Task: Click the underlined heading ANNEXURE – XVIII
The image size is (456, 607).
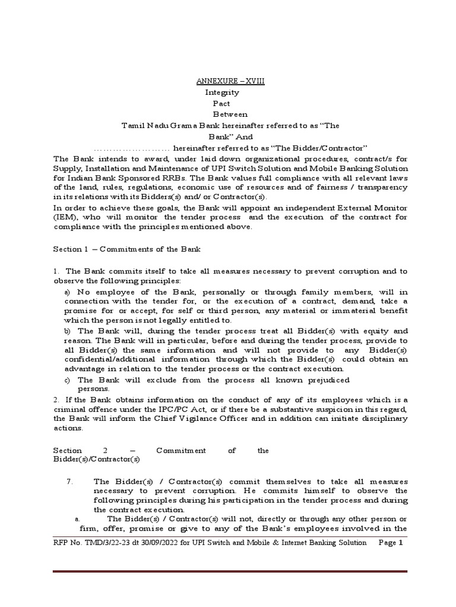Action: tap(231, 81)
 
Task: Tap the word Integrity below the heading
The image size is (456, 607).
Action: tap(222, 92)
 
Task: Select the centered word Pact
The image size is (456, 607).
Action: tap(221, 103)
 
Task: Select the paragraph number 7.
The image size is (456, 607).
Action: tap(69, 482)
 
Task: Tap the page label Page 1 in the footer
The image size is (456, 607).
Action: tap(391, 543)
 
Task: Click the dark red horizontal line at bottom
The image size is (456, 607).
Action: tap(230, 571)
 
